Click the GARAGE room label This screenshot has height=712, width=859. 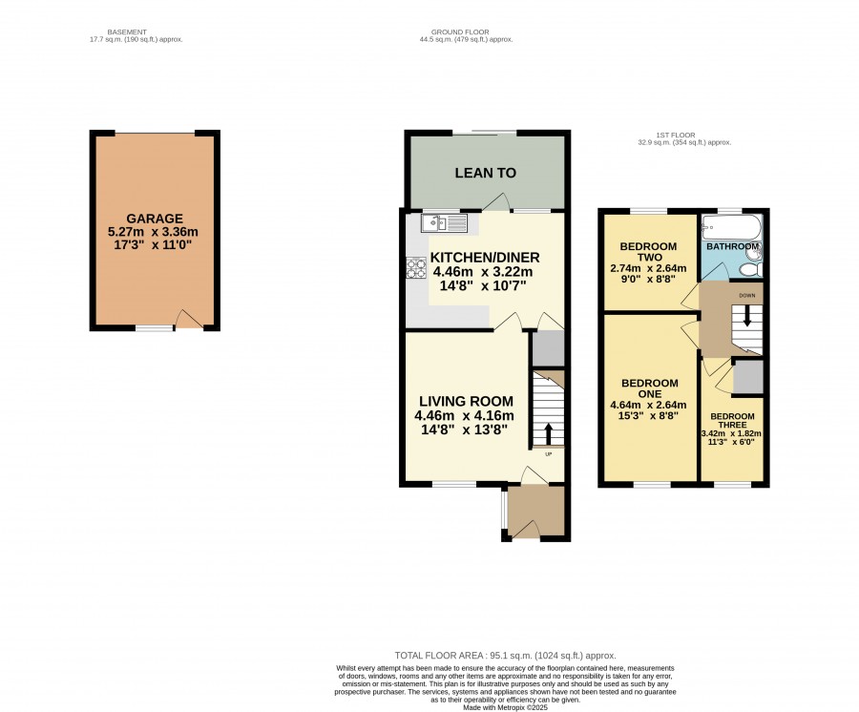(155, 219)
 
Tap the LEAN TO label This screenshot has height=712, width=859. (486, 173)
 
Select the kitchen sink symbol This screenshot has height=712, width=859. (444, 223)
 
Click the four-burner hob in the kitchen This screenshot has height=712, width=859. (416, 268)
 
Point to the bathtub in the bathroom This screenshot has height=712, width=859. (731, 227)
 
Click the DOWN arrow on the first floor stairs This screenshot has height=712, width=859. (747, 317)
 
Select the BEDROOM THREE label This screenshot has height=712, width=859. (732, 421)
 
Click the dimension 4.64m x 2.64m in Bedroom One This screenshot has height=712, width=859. (649, 406)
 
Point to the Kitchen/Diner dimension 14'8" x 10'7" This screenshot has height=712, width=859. (483, 285)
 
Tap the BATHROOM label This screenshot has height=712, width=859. (732, 246)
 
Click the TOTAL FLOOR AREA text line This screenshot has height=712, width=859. (505, 656)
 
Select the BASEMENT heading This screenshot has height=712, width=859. (127, 32)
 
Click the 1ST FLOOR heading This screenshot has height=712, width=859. (676, 135)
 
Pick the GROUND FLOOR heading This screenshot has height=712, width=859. (460, 32)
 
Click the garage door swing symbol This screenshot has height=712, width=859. (189, 319)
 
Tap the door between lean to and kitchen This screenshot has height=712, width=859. (497, 202)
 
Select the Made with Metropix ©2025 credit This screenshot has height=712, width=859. (505, 707)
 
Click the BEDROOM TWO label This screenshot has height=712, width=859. (649, 252)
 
